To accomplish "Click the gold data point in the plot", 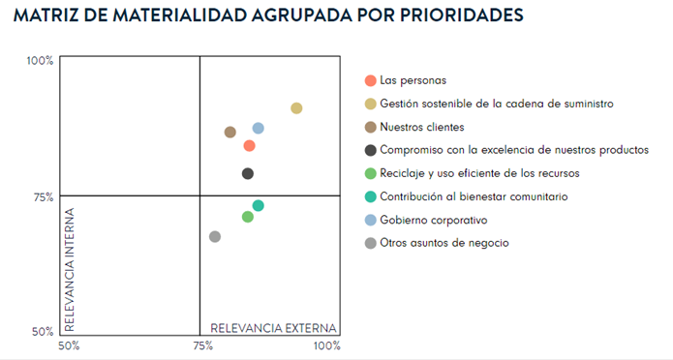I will point(296,108).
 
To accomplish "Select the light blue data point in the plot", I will point(259,129).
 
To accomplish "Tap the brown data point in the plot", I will point(229,133).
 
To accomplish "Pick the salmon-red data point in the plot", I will point(249,146).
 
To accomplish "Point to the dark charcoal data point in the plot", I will point(248,174).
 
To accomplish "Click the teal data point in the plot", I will point(259,206).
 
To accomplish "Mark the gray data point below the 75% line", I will point(215,237).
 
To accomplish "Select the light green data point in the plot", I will point(248,217).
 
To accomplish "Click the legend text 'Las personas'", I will point(413,80).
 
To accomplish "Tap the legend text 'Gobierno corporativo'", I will point(435,221).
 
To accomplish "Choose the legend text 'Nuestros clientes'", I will point(422,127).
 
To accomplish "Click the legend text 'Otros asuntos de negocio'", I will point(444,244).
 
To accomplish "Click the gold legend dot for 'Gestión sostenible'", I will point(370,104).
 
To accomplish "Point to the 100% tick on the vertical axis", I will point(39,61).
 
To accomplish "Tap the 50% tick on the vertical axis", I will point(42,332).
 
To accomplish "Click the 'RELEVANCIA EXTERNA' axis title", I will point(273,327).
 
